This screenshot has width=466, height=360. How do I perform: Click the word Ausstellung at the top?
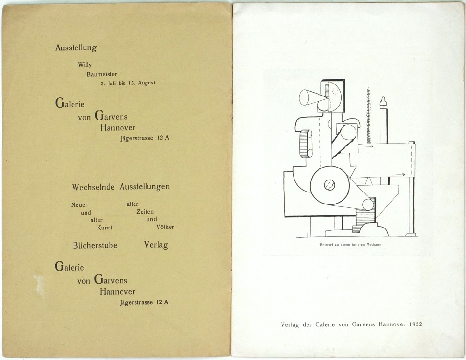[76, 48]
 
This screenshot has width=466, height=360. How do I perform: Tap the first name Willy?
[85, 65]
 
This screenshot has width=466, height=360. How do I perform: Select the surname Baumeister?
[102, 74]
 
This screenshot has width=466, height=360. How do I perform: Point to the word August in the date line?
[147, 83]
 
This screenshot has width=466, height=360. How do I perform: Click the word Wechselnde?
[93, 187]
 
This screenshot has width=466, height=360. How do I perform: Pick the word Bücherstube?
[95, 245]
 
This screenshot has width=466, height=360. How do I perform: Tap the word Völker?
[165, 227]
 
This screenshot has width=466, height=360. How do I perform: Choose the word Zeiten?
[146, 212]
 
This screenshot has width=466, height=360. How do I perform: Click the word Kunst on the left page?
[105, 228]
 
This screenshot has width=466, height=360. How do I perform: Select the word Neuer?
[79, 205]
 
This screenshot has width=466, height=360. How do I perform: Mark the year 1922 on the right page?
[416, 324]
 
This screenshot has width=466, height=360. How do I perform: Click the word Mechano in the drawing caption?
[374, 245]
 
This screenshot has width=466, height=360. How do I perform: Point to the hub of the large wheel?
[330, 185]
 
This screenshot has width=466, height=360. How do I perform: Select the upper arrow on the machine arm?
[367, 146]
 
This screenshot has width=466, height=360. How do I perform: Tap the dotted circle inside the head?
[335, 92]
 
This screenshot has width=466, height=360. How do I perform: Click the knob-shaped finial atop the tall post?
[383, 102]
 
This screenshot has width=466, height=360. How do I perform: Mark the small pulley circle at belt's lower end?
[368, 204]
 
